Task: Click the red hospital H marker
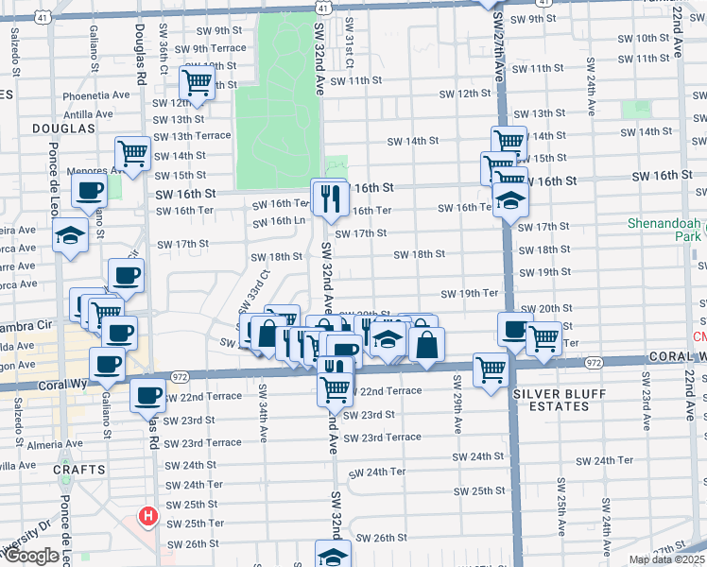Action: (x=147, y=516)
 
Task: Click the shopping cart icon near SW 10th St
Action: (x=198, y=81)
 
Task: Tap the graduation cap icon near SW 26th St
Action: (x=332, y=555)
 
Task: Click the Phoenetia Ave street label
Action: (x=95, y=96)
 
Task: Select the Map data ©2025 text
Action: (x=666, y=559)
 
